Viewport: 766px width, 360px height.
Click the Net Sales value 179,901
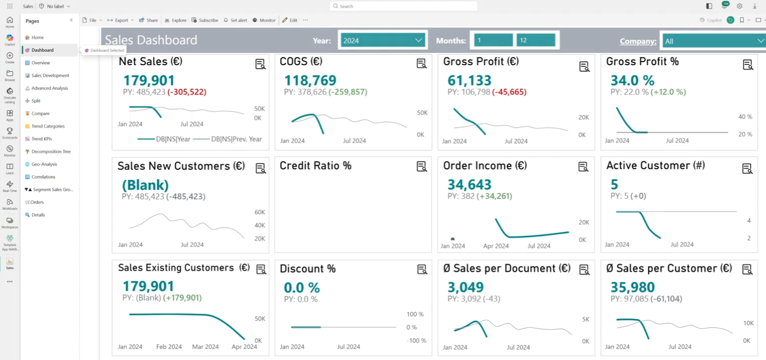pos(149,81)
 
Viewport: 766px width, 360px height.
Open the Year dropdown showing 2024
pos(382,41)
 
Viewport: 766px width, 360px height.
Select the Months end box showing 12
pos(536,41)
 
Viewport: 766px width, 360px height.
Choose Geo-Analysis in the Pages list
pos(44,164)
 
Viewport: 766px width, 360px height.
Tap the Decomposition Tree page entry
pos(51,152)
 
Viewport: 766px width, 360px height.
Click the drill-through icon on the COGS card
pos(422,63)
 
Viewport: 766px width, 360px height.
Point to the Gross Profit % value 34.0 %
pos(632,81)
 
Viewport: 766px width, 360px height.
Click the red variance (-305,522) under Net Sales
pos(187,92)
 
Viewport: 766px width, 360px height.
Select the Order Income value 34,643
pos(469,185)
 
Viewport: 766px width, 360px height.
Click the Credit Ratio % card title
pos(316,166)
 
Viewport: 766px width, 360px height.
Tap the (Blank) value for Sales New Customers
pos(145,185)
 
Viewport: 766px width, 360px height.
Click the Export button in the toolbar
pos(121,20)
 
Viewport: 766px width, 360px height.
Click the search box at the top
pos(403,6)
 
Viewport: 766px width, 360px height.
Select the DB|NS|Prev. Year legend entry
pos(231,139)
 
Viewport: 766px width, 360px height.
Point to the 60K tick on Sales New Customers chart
pos(260,212)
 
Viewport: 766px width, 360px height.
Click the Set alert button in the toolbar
pos(235,20)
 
